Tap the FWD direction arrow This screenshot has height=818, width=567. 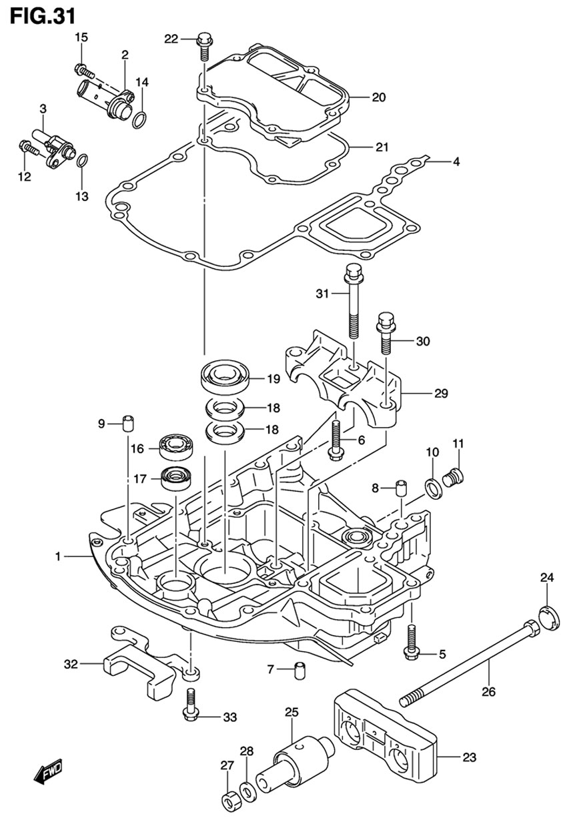[48, 773]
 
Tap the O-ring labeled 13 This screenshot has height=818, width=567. [81, 161]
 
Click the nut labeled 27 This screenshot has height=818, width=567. [227, 797]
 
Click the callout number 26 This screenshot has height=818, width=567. [488, 692]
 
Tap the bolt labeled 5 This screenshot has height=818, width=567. [411, 643]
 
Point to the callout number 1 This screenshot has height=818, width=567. [58, 556]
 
